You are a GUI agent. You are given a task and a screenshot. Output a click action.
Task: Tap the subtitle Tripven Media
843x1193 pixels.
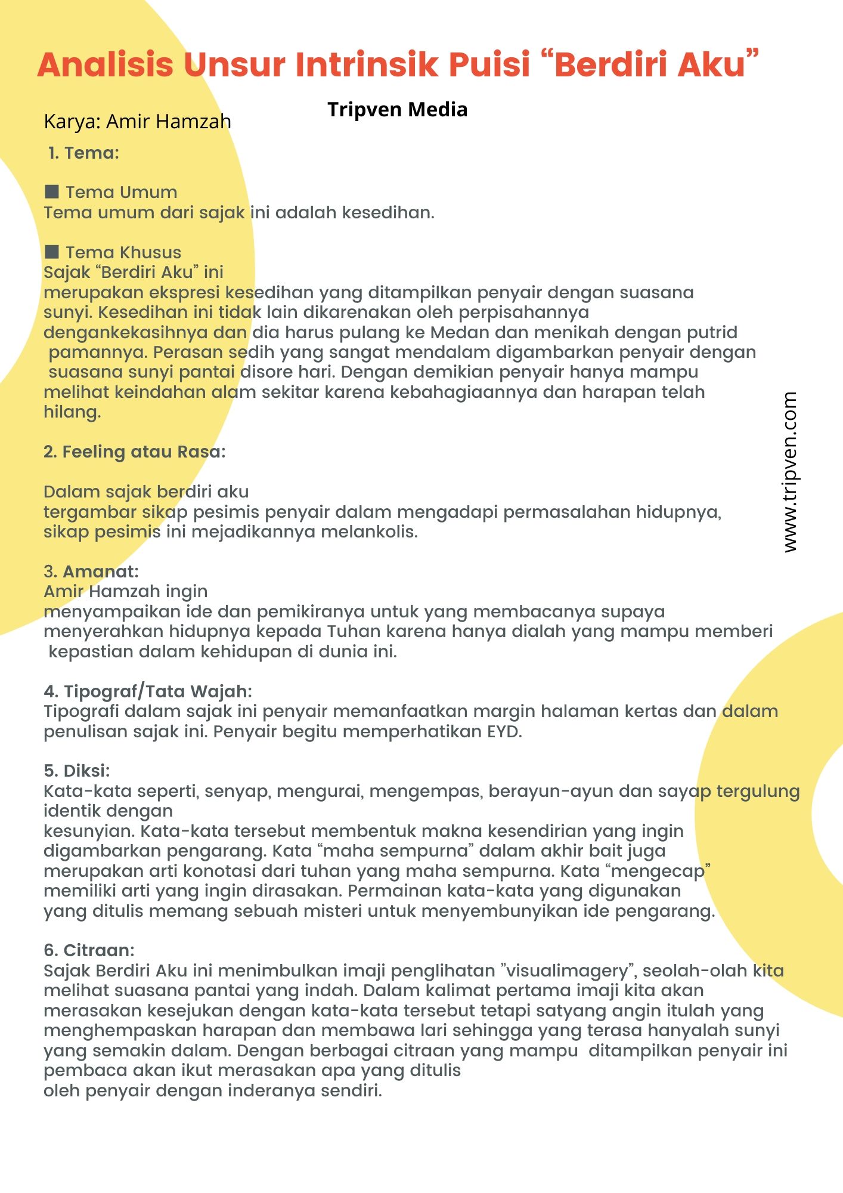tap(397, 110)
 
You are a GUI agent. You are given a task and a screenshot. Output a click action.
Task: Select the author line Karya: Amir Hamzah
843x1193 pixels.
tap(137, 122)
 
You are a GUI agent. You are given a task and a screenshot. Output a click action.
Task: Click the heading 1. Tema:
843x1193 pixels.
tap(83, 153)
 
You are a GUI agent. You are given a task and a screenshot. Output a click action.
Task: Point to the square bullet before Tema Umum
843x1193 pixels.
tap(52, 191)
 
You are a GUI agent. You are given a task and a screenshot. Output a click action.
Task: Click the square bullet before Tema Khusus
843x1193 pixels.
tap(52, 252)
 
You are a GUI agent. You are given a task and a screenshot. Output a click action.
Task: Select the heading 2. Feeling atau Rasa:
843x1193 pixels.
tap(134, 452)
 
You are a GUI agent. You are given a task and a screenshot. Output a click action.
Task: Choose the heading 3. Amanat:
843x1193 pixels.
tap(91, 571)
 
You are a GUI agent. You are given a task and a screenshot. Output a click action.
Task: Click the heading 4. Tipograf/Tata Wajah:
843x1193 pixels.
tap(147, 691)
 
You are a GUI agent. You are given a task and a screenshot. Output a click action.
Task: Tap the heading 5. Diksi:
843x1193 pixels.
tap(76, 771)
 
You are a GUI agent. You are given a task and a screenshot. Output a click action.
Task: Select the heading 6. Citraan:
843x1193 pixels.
tap(89, 950)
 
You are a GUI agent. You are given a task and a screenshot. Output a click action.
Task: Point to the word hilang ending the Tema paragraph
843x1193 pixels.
tap(72, 412)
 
